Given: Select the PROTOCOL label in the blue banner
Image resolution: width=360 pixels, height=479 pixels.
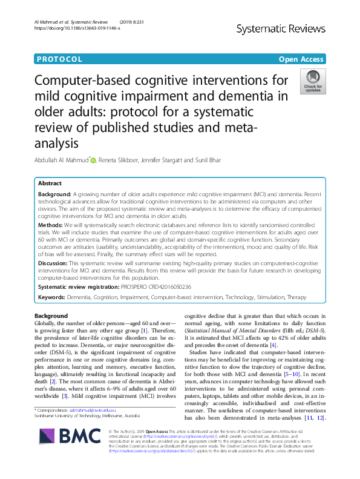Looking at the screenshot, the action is [59, 59].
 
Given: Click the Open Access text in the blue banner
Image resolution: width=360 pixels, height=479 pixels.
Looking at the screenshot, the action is [301, 59].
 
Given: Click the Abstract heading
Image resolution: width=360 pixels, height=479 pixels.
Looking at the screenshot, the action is [50, 183].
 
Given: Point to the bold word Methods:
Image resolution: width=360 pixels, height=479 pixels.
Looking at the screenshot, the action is [54, 223].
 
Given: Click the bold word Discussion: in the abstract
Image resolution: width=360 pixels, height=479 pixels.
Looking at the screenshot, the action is [57, 264].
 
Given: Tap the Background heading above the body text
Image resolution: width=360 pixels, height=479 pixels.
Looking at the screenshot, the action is [51, 316].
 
